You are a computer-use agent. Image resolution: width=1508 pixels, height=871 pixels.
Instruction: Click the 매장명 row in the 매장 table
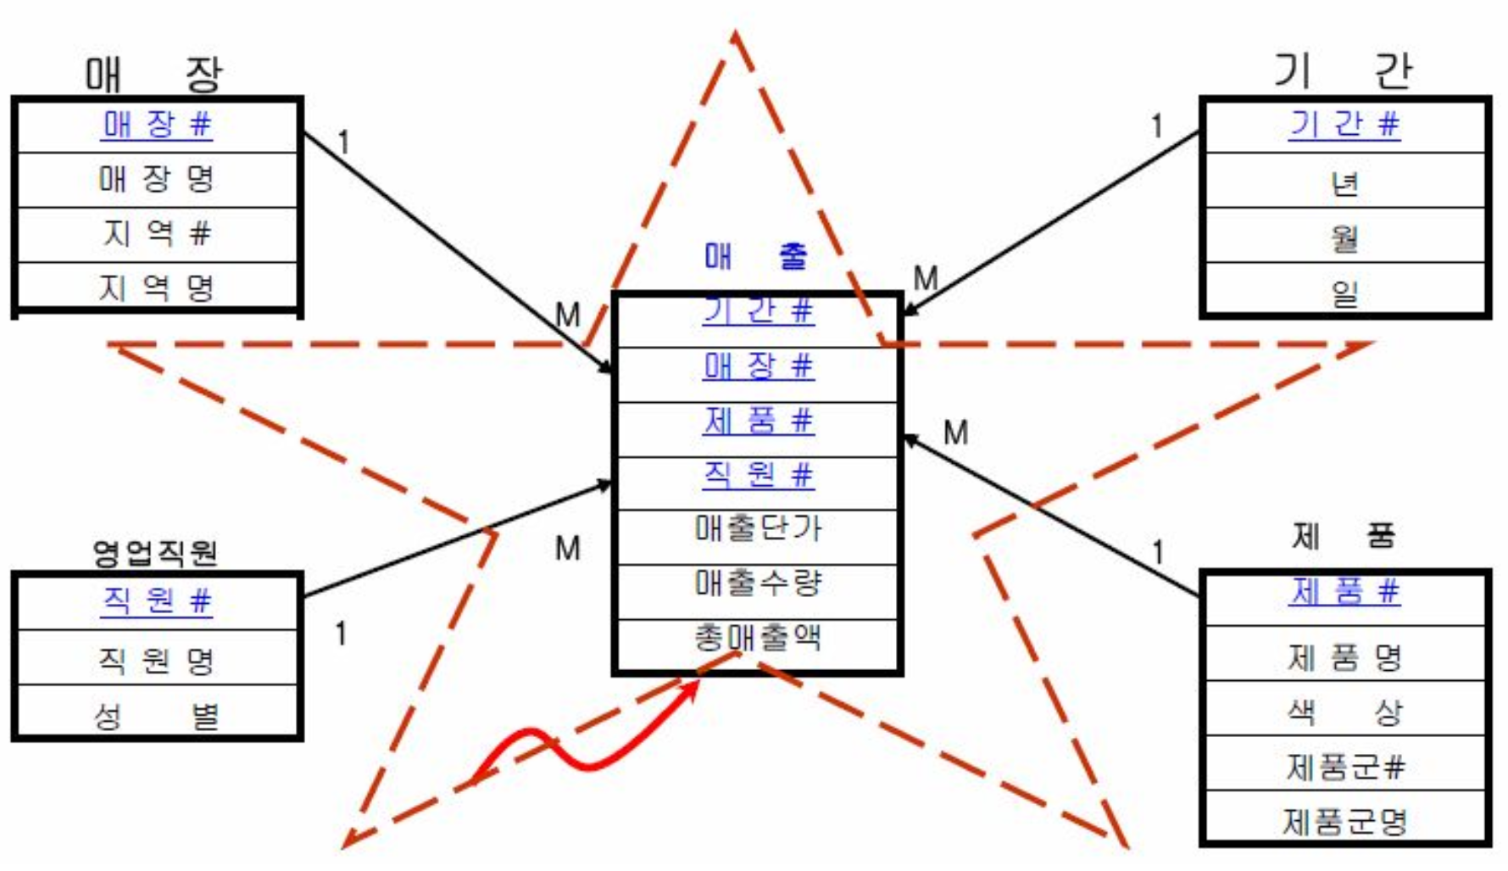[157, 179]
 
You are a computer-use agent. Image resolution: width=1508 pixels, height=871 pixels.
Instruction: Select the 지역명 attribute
[157, 288]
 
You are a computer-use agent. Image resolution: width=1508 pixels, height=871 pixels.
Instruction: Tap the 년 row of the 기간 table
[1344, 182]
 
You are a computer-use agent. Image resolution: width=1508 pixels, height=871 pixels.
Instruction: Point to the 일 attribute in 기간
[1344, 293]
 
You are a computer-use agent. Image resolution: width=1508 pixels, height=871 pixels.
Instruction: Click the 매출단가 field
[757, 528]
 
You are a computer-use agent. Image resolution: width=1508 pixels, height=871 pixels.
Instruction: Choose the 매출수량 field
[757, 583]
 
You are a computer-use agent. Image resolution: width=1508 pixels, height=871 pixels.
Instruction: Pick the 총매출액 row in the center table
[757, 637]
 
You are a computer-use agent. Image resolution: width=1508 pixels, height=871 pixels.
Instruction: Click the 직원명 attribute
[157, 659]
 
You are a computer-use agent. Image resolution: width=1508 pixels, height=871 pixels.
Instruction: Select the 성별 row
[157, 715]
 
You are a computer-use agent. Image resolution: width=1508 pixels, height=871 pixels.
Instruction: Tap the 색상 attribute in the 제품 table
[1344, 711]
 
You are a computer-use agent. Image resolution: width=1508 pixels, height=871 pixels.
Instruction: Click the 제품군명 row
[1344, 820]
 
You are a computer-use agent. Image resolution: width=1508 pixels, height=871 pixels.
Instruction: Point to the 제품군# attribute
[1344, 766]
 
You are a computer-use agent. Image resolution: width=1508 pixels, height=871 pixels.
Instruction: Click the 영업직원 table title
[155, 552]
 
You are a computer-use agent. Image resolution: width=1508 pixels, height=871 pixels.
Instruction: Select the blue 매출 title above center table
[755, 255]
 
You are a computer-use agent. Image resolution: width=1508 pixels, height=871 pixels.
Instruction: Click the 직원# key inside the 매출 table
[758, 475]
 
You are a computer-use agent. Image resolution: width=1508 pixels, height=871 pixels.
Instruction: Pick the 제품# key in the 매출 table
[758, 421]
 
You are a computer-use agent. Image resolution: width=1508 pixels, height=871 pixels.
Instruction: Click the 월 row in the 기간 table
[1344, 237]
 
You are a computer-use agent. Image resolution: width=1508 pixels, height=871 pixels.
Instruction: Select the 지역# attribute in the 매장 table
[157, 232]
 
